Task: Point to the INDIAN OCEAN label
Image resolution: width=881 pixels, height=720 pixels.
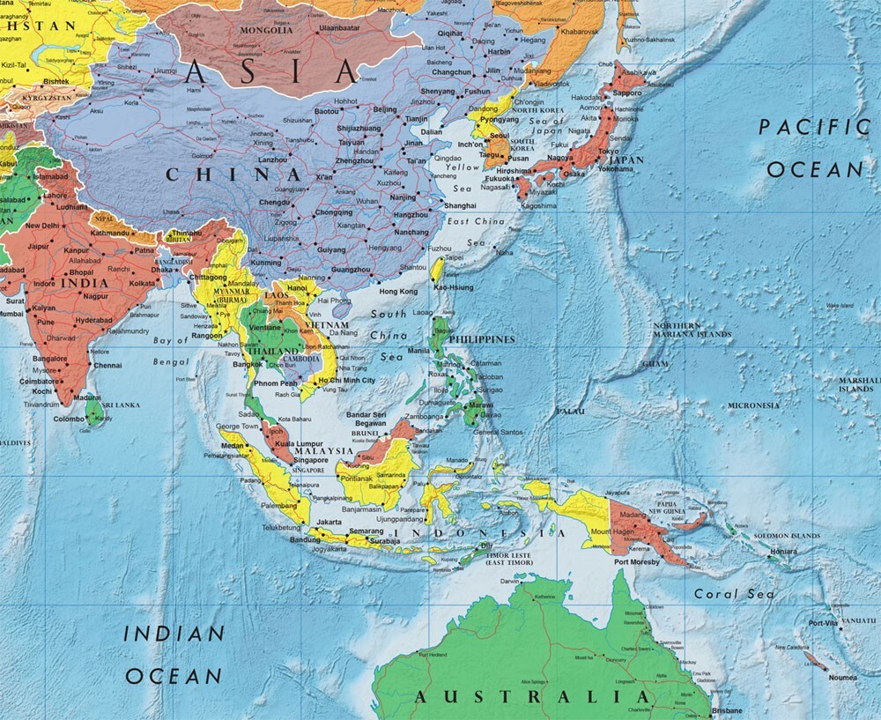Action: [x=174, y=655]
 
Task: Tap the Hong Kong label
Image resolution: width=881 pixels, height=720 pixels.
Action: [x=397, y=291]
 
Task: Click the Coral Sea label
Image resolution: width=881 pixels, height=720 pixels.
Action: [x=735, y=594]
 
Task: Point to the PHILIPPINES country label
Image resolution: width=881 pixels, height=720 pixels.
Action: [x=481, y=339]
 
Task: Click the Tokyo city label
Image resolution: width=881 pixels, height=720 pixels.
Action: [x=609, y=152]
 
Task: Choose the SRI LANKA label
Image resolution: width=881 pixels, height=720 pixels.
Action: [x=121, y=405]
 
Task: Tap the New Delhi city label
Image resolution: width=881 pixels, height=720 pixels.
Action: [x=42, y=226]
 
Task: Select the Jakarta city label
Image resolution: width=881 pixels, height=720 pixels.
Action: [x=329, y=522]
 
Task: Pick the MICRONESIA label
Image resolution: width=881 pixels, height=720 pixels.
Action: [x=753, y=405]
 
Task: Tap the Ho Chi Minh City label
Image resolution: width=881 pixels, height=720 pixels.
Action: [x=346, y=380]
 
